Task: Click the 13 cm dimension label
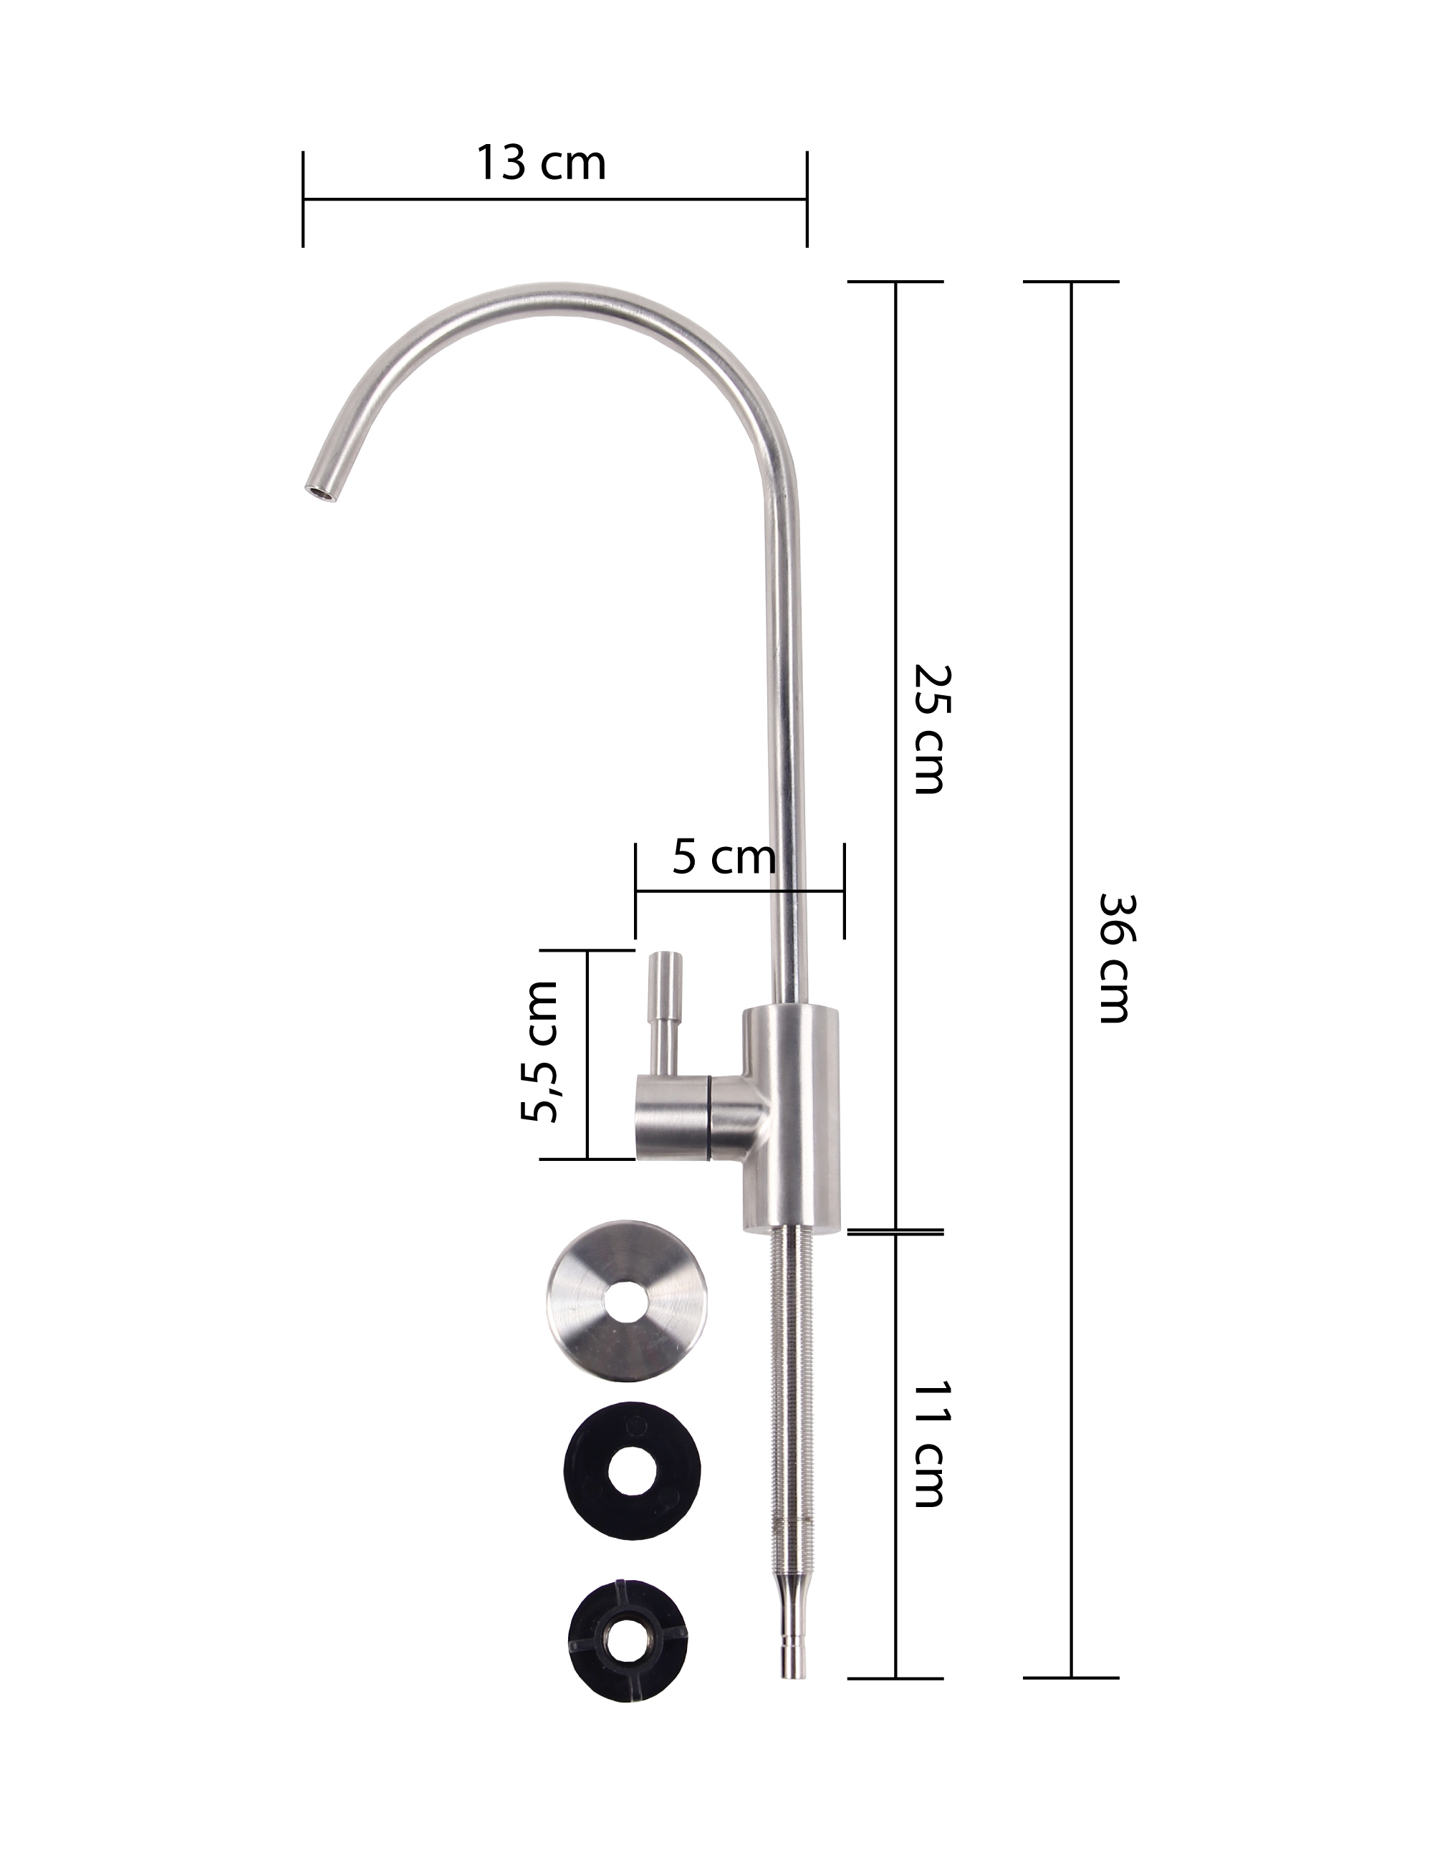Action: pos(541,163)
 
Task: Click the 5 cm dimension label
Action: pos(724,857)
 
